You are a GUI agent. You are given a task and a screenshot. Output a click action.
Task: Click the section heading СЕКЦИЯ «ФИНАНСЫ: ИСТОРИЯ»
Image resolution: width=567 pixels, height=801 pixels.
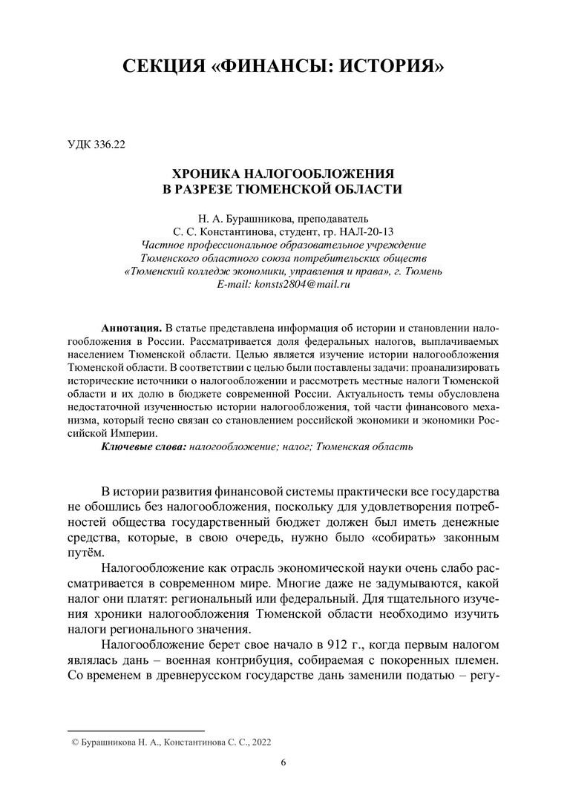(x=283, y=68)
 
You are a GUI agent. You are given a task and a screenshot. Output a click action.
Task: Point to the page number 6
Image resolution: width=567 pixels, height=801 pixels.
(x=283, y=762)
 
